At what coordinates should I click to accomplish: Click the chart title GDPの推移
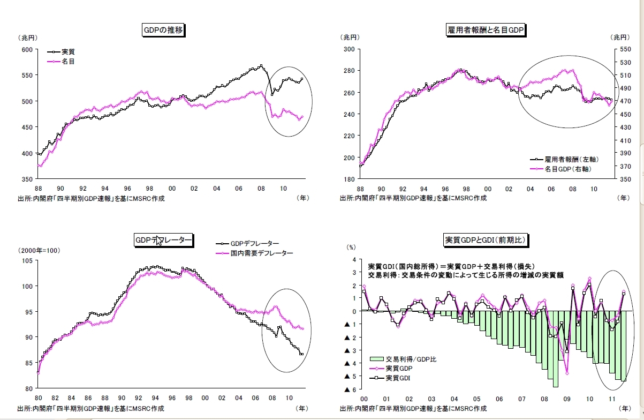click(163, 30)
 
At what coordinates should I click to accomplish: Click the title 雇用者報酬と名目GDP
click(485, 30)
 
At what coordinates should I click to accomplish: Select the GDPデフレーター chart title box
click(163, 241)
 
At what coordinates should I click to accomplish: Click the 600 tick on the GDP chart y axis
click(27, 49)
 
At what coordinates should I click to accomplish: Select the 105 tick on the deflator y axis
click(27, 260)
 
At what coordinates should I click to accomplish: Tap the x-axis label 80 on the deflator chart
click(38, 398)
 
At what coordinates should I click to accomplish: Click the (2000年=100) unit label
click(40, 250)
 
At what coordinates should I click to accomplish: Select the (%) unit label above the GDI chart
click(351, 247)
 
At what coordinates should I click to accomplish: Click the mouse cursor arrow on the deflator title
click(159, 242)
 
